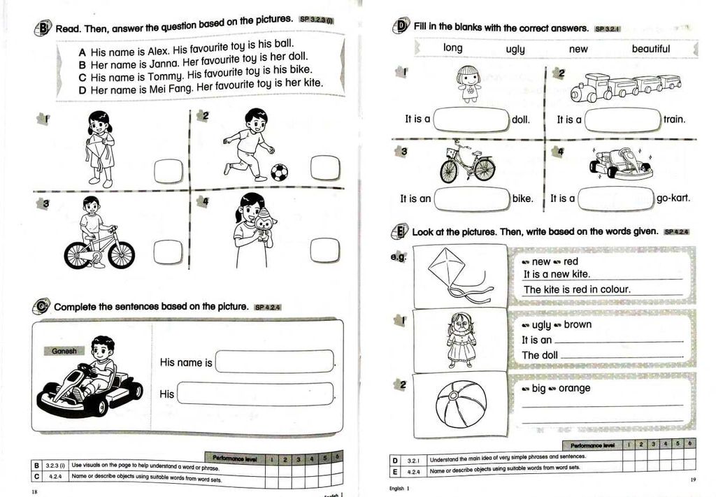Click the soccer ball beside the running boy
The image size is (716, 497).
[x=279, y=172]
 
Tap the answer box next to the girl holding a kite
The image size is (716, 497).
[x=168, y=171]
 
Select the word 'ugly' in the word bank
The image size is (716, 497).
[x=515, y=49]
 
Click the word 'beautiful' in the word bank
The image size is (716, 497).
[x=650, y=49]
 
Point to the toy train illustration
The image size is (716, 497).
[x=625, y=87]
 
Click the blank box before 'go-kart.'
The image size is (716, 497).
[x=615, y=199]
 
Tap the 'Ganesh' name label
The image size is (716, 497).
[x=64, y=351]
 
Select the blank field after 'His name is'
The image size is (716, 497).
[x=275, y=362]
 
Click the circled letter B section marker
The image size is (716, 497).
[x=43, y=29]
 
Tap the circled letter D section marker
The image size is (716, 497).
[x=402, y=27]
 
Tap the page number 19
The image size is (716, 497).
[x=692, y=480]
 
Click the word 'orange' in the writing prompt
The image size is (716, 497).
[x=574, y=388]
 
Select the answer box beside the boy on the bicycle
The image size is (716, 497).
[x=168, y=252]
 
